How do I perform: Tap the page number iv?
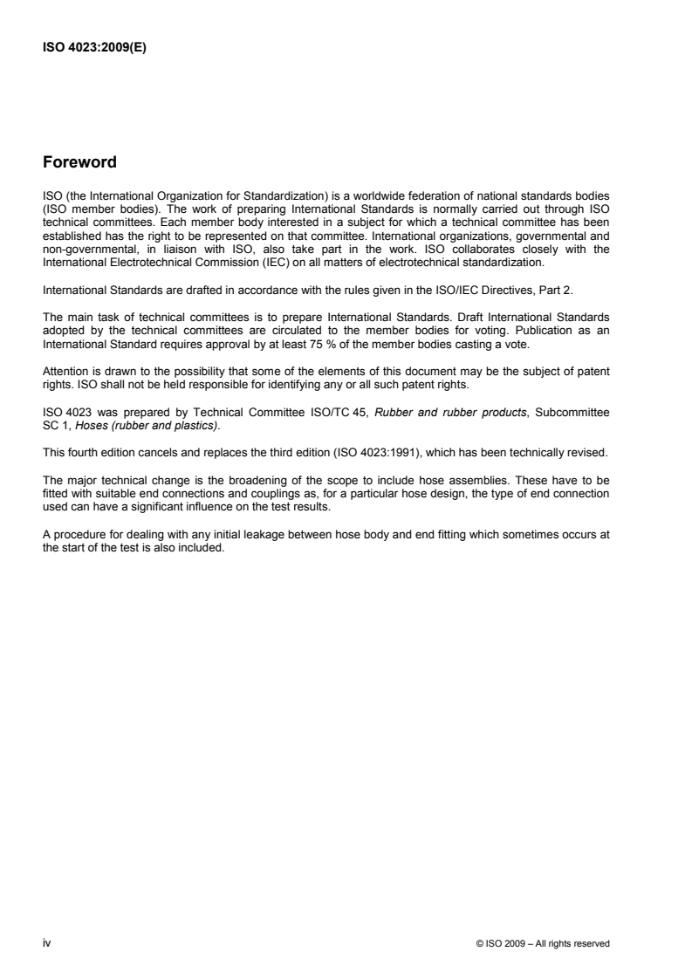coord(46,942)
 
